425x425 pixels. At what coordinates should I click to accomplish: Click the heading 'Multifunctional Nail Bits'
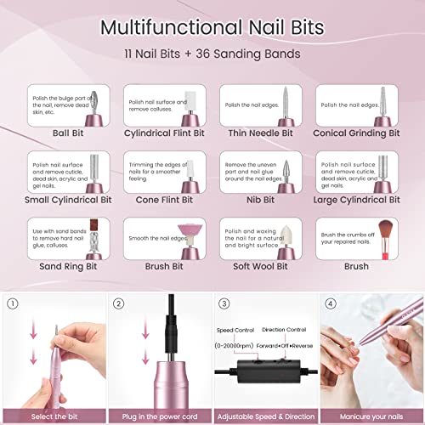(212, 25)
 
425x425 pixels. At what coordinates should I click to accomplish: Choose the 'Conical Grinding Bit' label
(357, 133)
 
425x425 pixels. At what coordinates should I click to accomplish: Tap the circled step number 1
(13, 302)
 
